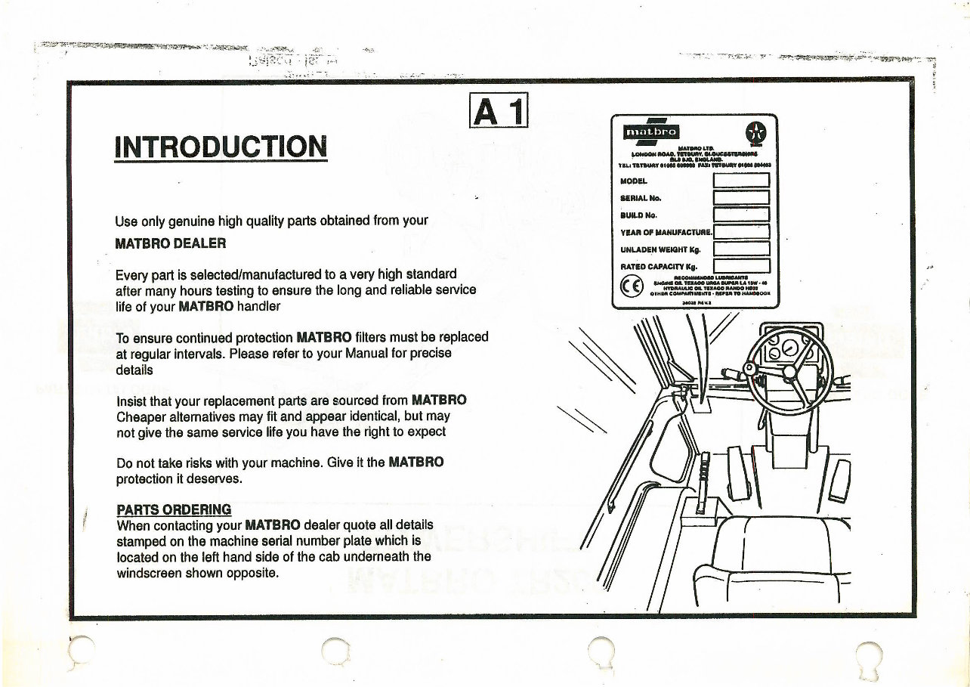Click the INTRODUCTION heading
pos(221,147)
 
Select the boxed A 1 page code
pos(498,112)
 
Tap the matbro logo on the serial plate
pos(648,134)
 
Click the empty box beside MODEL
pos(740,181)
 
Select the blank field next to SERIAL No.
pos(740,198)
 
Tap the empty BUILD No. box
pos(740,215)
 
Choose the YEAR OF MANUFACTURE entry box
pos(740,231)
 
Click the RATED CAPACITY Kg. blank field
pos(740,265)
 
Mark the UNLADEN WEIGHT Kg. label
pos(660,249)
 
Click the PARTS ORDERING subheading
pos(174,509)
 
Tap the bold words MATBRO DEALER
pos(170,244)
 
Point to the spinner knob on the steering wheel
pos(749,369)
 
